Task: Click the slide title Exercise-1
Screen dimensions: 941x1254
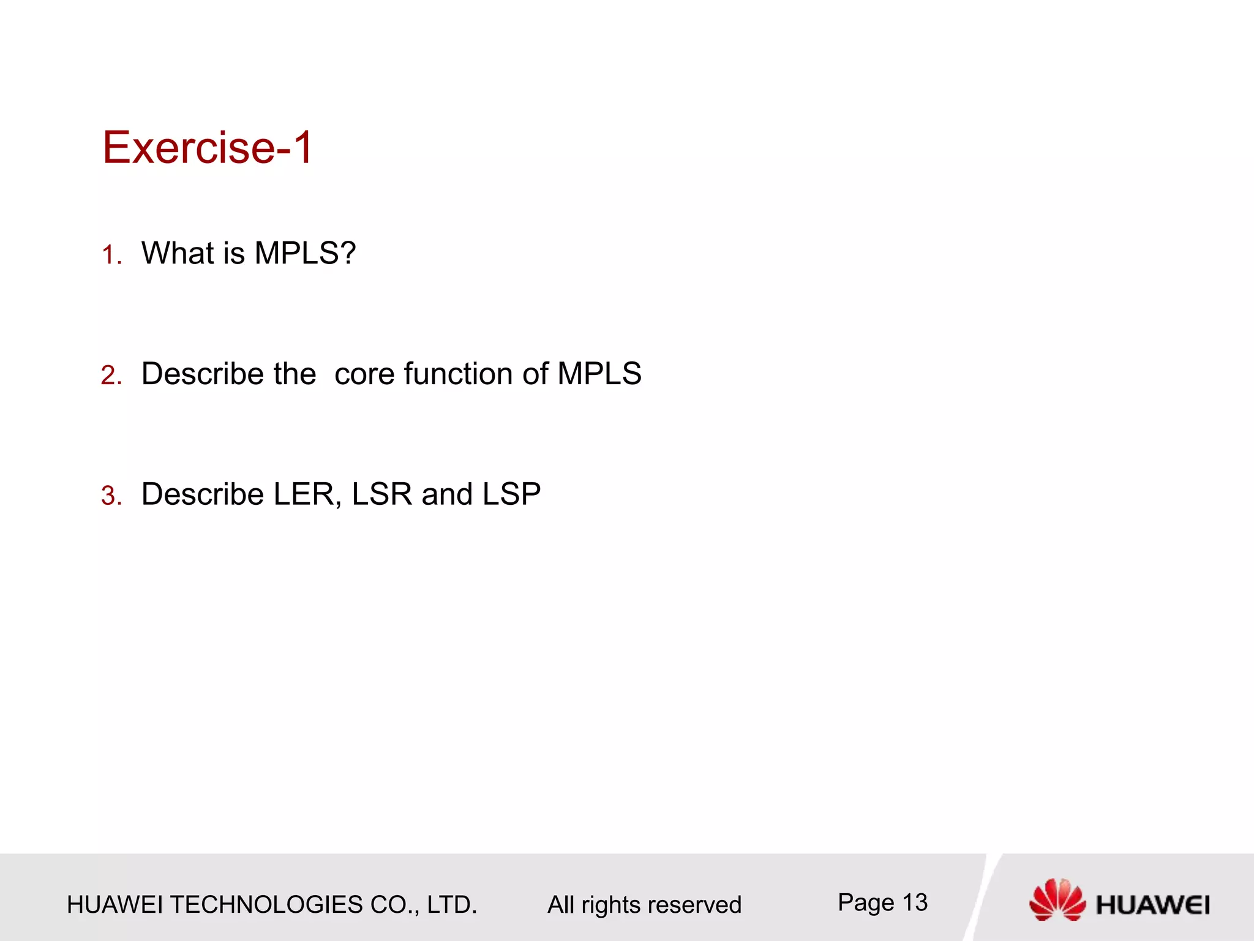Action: click(207, 148)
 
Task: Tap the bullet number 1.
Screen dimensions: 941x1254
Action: click(111, 255)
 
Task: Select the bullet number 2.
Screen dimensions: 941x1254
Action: click(111, 376)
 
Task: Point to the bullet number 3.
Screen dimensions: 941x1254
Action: click(111, 496)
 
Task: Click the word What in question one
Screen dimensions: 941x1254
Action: click(178, 252)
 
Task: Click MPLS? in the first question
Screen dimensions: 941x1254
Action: click(304, 252)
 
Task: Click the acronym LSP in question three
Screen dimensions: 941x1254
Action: click(511, 494)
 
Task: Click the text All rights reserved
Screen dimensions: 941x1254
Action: click(644, 905)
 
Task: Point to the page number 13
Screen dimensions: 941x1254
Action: click(915, 902)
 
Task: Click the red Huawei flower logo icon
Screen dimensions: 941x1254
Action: click(1057, 899)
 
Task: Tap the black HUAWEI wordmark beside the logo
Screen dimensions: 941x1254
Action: click(1152, 905)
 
